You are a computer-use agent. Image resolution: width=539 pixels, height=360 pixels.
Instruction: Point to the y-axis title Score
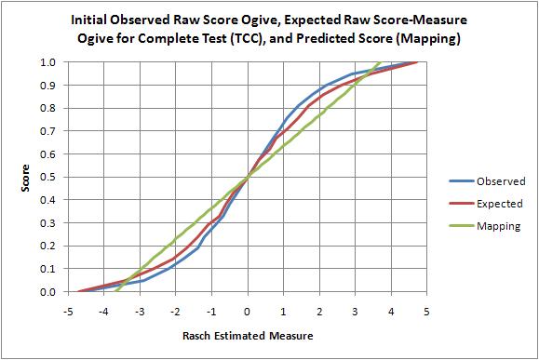(x=27, y=177)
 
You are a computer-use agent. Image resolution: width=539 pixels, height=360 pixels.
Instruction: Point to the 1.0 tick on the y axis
(x=49, y=62)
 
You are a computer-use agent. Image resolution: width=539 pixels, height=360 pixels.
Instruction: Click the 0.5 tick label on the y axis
(x=49, y=177)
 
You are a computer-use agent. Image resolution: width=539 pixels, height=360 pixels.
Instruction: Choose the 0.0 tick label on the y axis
(x=49, y=292)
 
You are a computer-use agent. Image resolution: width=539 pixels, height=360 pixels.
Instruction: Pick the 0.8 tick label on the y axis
(x=49, y=108)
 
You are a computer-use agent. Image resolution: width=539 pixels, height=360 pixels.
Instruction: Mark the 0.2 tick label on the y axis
(x=49, y=247)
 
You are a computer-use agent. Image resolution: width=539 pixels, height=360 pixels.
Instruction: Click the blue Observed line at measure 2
(x=319, y=87)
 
